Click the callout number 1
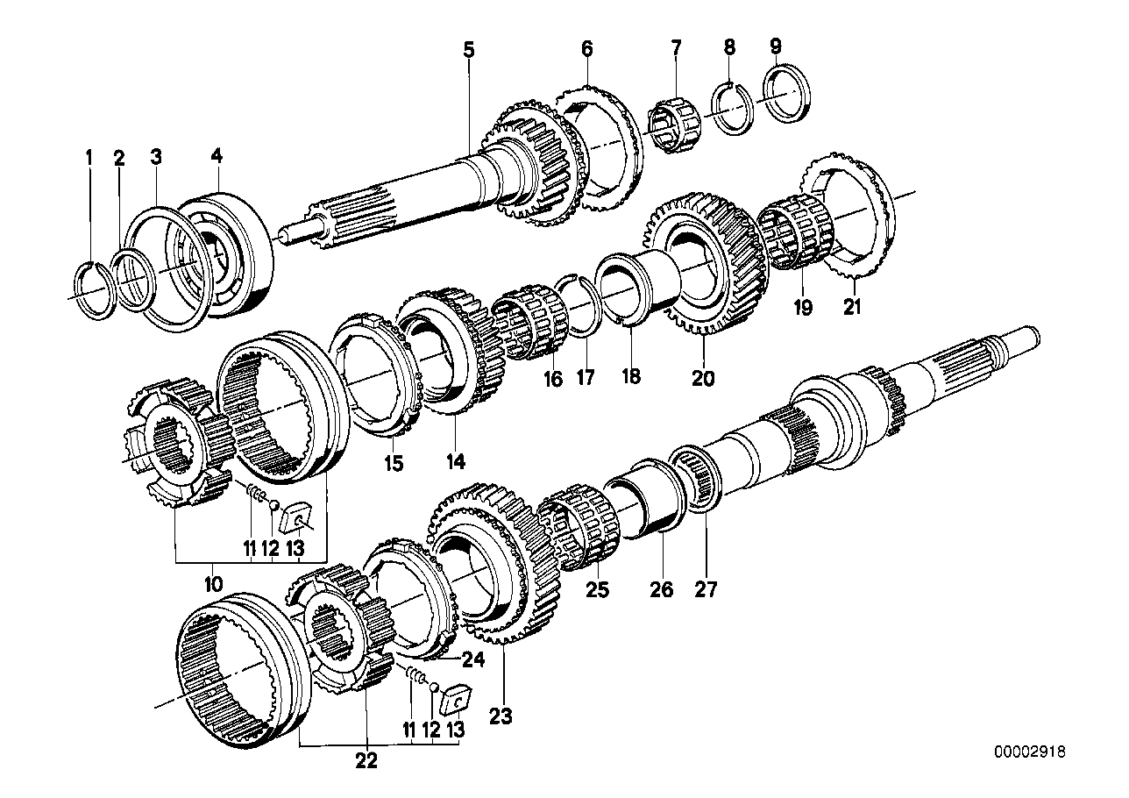pos(88,158)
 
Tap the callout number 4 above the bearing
pos(217,157)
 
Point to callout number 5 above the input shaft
pos(469,50)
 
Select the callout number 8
pos(730,49)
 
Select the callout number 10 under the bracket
pos(213,582)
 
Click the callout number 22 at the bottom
pos(366,761)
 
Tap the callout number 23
pos(500,716)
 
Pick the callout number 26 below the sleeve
pos(662,589)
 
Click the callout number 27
pos(706,589)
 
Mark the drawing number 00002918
pos(1032,752)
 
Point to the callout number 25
pos(597,589)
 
